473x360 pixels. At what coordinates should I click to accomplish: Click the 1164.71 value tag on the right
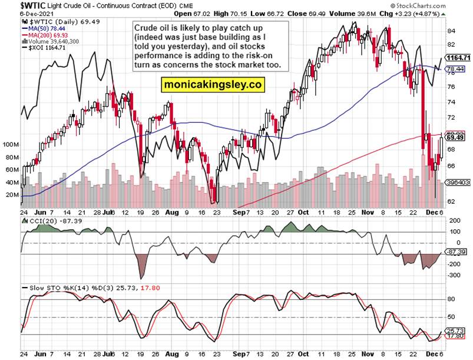pyautogui.click(x=458, y=58)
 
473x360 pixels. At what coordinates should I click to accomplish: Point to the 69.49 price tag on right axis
pyautogui.click(x=455, y=137)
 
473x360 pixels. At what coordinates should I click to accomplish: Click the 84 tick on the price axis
pyautogui.click(x=451, y=31)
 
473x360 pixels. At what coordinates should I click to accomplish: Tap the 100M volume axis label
pyautogui.click(x=11, y=144)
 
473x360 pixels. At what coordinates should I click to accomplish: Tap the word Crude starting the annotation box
pyautogui.click(x=150, y=28)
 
